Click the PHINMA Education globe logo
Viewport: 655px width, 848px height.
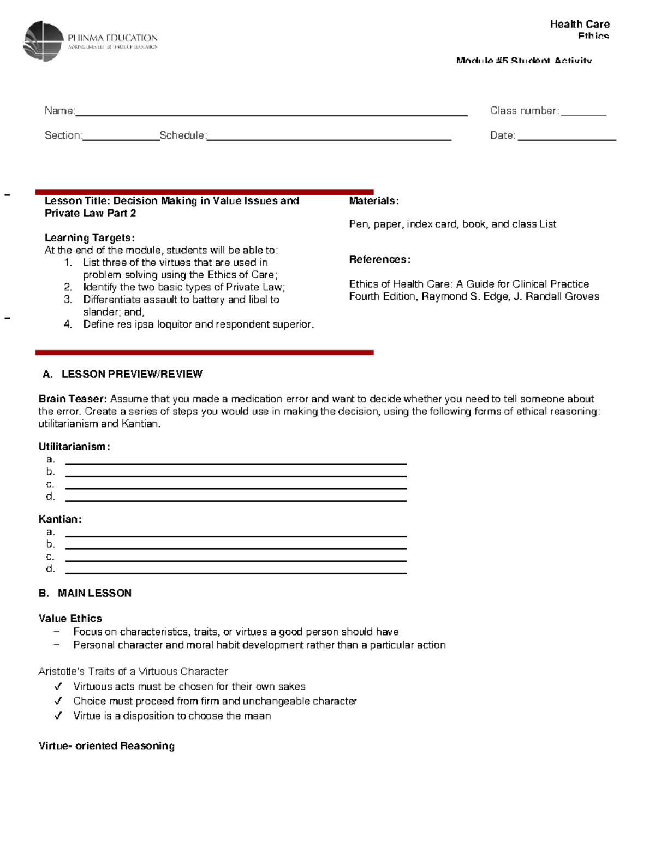43,41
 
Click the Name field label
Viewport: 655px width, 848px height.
59,111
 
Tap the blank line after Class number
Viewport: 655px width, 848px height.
583,113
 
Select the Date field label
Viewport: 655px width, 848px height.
502,135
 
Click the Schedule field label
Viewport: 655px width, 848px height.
182,135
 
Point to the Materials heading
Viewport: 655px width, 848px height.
374,201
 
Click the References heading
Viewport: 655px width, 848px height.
379,259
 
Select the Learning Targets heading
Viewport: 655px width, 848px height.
90,238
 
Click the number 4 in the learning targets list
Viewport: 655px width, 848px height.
68,324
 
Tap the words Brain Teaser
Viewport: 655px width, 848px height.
73,399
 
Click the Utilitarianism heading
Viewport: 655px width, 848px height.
74,447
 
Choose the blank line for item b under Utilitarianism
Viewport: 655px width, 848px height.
236,475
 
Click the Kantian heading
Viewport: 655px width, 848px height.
60,519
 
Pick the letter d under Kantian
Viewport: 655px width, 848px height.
50,569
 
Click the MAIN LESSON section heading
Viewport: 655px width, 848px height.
94,593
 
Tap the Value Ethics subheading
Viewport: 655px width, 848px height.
70,619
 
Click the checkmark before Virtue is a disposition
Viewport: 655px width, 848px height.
58,716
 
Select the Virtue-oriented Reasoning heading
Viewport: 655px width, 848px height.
106,746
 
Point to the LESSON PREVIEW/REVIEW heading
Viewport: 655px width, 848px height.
132,374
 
